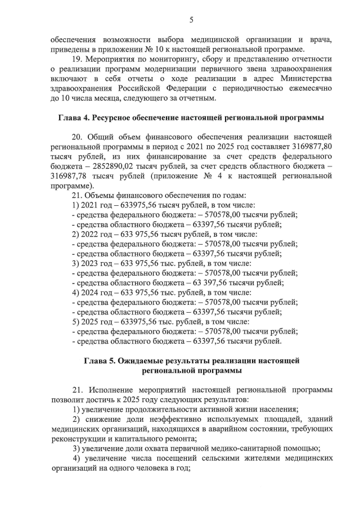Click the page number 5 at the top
coord(191,20)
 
